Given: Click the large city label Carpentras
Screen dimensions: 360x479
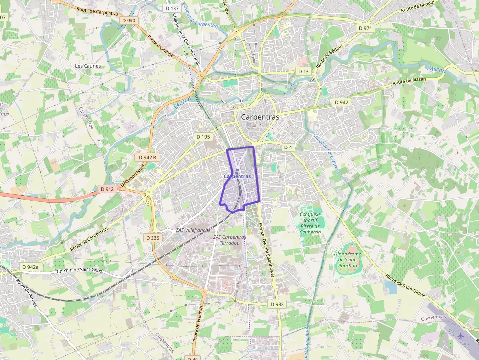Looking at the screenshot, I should coord(260,117).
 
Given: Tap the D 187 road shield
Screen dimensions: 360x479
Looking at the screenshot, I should coord(172,8).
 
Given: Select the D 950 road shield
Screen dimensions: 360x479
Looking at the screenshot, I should coord(129,21).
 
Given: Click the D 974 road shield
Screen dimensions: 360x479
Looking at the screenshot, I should coord(365,28).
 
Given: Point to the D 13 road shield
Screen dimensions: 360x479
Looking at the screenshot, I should coord(304,72).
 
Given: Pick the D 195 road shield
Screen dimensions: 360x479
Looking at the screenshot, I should coord(203,137).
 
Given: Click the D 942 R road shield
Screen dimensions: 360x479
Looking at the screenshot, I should coord(148,157).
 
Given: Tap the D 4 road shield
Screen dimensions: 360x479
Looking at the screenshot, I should coord(288,147).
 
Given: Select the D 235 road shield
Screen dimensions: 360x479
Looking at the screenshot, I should coord(152,237).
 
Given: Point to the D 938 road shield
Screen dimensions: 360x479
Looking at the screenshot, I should coord(277,304).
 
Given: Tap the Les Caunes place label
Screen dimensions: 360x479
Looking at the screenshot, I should coord(88,66).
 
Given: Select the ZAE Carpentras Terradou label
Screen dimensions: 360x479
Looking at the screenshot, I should coord(229,240).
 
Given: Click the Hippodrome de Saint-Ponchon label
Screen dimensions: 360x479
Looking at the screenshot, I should coord(348,259).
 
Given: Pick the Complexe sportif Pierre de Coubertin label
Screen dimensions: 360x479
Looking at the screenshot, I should coord(310,223).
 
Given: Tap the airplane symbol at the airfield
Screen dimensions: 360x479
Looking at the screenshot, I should coord(460,336).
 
